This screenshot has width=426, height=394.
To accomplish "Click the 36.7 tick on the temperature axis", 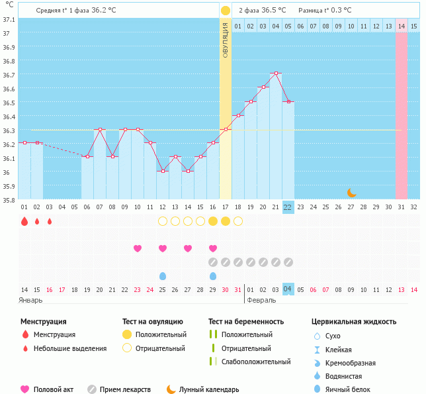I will (x=9, y=74).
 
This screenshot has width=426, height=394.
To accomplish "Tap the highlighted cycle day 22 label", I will (x=288, y=207).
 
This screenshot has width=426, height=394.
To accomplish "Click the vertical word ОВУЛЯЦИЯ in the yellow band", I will (x=226, y=40).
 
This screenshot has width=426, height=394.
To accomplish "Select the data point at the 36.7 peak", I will (x=275, y=73).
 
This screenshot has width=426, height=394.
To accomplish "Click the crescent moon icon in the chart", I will (x=351, y=193).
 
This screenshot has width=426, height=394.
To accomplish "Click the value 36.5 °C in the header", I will (x=274, y=11).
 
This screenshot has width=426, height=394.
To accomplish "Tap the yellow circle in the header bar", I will (x=226, y=11).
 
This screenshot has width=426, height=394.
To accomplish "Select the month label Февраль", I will (x=261, y=300).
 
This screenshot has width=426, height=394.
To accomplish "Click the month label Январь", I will (x=31, y=300).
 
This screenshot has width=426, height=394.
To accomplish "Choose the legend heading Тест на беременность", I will (x=245, y=322).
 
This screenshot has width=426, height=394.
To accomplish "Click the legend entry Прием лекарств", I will (x=125, y=389).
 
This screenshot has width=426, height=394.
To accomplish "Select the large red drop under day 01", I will (x=24, y=221).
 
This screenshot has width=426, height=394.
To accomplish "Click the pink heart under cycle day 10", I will (x=138, y=248).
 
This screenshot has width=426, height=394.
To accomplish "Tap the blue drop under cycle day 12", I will (x=163, y=275).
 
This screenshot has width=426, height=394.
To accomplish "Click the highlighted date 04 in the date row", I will (x=288, y=289).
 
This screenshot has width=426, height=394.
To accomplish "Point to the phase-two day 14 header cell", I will (x=401, y=26).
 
